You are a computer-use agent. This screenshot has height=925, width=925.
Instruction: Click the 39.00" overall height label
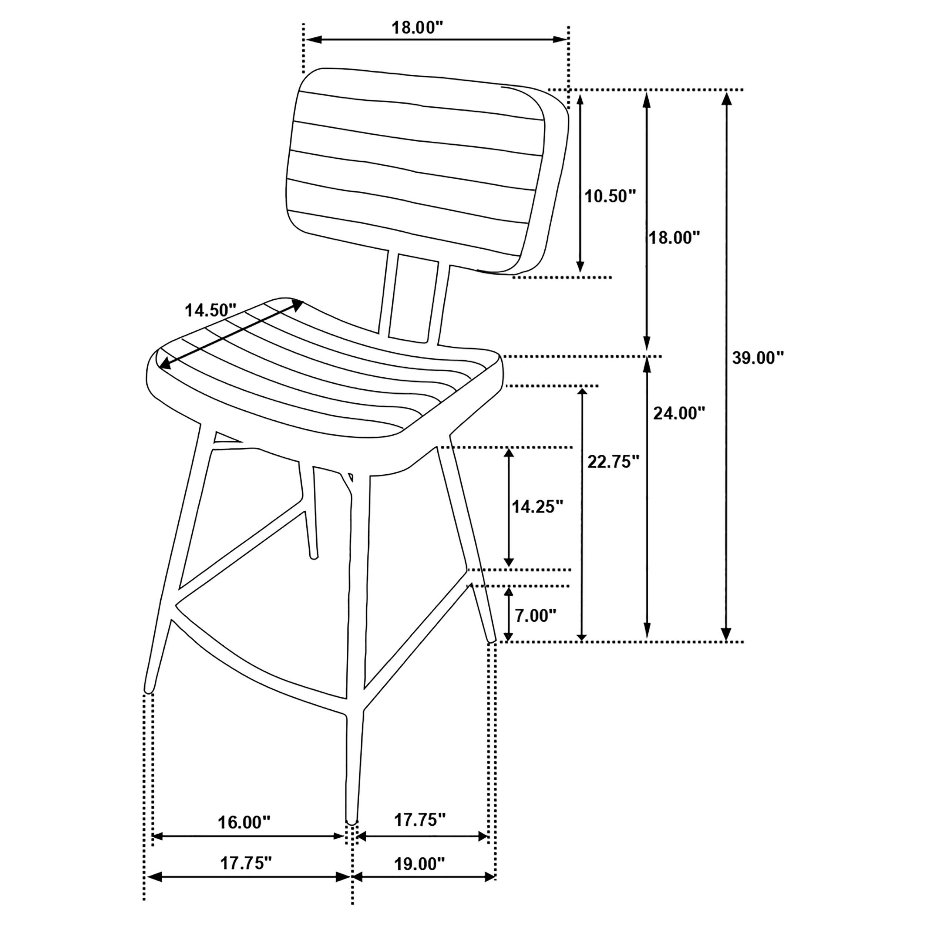758,358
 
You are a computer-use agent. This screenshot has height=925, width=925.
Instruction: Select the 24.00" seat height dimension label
679,413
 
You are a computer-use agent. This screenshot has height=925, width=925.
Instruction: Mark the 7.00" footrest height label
535,616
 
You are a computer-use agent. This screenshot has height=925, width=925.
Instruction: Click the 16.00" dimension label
244,823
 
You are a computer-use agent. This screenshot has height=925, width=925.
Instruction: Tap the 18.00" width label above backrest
415,28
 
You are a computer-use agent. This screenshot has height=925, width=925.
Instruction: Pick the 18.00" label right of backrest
674,238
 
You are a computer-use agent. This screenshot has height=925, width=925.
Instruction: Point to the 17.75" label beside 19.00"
420,820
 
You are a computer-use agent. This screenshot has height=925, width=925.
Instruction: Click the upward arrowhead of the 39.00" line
726,98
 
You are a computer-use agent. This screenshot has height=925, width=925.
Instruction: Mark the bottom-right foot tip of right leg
491,640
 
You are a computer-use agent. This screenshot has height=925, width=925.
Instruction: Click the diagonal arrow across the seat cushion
231,334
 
